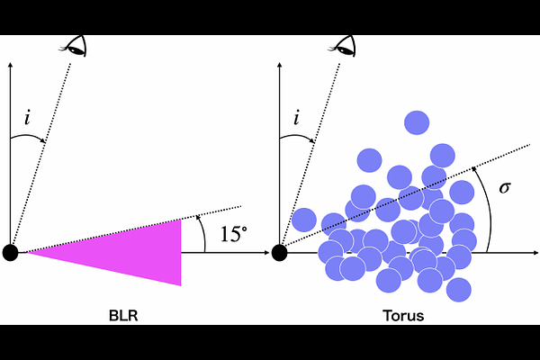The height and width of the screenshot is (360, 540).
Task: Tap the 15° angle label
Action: pos(233,235)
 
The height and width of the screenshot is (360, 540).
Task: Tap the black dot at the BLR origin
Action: pos(11,252)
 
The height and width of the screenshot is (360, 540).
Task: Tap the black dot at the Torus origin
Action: pos(280,252)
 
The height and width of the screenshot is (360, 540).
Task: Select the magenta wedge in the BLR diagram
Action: pos(135,248)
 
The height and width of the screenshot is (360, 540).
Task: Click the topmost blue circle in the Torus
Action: pos(417,121)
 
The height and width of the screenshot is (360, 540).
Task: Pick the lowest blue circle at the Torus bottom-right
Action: pos(458,290)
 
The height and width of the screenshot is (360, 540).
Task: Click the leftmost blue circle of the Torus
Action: pos(304,220)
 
